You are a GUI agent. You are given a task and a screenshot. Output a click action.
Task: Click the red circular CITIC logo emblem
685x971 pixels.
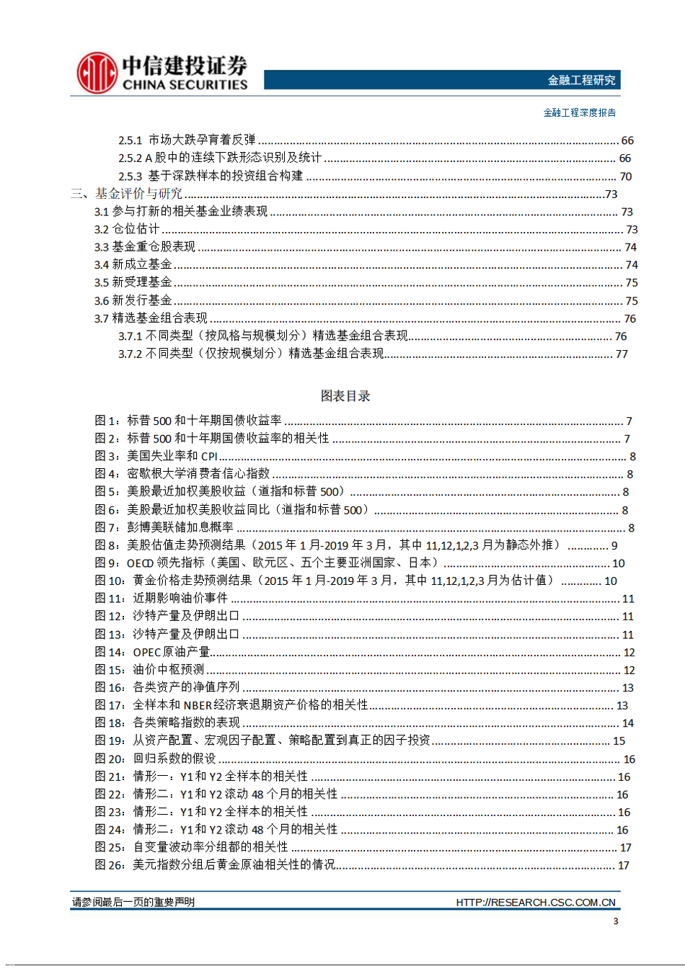tap(97, 73)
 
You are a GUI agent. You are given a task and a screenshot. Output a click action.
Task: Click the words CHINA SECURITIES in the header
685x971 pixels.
tap(185, 85)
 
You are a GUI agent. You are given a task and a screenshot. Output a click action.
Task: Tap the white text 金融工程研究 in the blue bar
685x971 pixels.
tap(581, 80)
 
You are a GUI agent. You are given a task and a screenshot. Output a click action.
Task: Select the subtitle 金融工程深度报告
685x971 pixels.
tap(579, 112)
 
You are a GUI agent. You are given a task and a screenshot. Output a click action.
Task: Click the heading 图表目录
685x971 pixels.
tap(345, 395)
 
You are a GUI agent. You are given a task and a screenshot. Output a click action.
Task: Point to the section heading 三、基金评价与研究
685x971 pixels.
tap(127, 194)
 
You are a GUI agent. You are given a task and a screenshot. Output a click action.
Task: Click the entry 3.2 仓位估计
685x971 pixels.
tap(127, 229)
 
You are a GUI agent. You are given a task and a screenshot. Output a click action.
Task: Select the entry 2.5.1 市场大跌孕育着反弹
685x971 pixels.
tap(187, 140)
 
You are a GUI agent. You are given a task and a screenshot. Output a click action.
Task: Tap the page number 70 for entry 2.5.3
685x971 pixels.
tap(625, 176)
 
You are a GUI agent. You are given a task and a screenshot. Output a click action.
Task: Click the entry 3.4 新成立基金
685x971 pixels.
tap(133, 264)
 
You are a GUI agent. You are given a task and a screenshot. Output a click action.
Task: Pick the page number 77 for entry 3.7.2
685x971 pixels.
tap(622, 354)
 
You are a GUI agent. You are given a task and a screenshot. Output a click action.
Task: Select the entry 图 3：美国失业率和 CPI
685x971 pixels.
tap(156, 456)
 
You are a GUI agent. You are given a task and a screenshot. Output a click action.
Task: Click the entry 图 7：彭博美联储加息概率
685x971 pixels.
tap(164, 527)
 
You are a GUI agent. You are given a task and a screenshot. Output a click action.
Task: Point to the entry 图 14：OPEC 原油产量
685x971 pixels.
tap(152, 652)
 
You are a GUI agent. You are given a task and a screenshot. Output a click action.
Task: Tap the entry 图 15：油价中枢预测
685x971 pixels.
tap(149, 670)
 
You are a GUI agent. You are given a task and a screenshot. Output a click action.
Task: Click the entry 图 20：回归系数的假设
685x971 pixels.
tap(156, 759)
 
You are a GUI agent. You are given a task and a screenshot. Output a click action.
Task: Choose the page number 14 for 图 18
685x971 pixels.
tap(627, 723)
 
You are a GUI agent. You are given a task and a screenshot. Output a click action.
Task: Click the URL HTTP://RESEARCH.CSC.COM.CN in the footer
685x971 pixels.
tap(535, 903)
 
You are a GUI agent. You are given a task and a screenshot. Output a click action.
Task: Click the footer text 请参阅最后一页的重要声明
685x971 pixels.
tap(133, 902)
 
